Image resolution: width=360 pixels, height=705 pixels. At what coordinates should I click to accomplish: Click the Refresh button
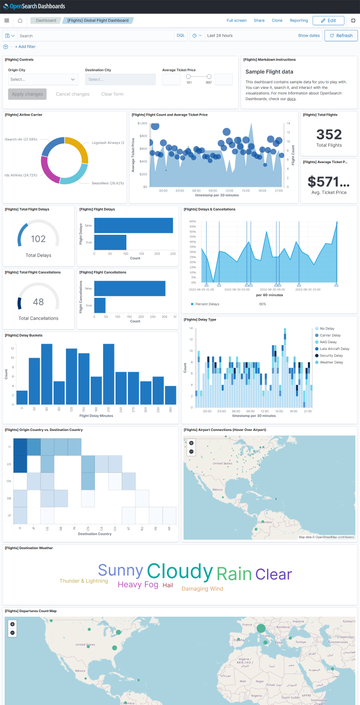[341, 36]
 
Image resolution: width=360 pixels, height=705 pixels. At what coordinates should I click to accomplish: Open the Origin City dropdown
[43, 79]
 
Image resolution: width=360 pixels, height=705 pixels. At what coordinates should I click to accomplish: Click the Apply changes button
[27, 94]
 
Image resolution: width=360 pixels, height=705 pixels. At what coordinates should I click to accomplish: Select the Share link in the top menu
[259, 21]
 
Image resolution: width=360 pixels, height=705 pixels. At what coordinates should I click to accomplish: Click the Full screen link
[237, 21]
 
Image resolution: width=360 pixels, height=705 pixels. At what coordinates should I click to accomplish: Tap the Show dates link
[309, 36]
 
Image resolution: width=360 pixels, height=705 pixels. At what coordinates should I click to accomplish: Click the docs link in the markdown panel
[291, 99]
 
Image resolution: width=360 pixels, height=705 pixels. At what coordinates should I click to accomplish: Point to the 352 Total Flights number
[329, 135]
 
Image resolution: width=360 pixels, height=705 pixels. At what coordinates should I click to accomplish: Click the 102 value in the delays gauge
[38, 239]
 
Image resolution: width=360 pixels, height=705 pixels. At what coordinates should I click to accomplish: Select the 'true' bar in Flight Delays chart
[110, 242]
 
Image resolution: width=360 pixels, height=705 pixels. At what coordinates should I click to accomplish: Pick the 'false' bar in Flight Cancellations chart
[129, 289]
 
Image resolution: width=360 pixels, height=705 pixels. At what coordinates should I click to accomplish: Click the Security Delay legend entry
[331, 356]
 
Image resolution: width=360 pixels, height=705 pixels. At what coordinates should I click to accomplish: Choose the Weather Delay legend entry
[331, 362]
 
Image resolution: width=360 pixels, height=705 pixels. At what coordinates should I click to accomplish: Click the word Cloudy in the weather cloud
[179, 571]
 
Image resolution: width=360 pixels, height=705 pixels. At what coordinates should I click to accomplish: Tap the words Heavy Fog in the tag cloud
[138, 585]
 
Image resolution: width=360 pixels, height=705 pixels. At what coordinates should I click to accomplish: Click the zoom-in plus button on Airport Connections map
[191, 443]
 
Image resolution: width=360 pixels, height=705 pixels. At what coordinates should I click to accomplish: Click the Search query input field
[95, 36]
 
